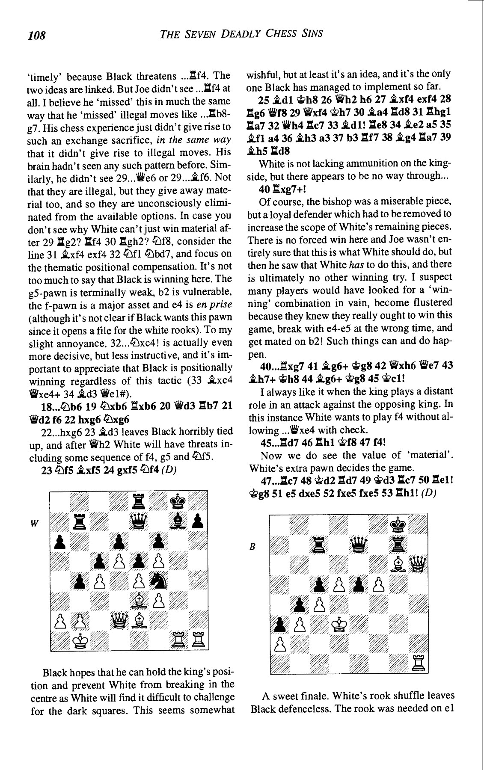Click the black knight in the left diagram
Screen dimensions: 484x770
[x=159, y=580]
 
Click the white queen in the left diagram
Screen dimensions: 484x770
[x=119, y=619]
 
